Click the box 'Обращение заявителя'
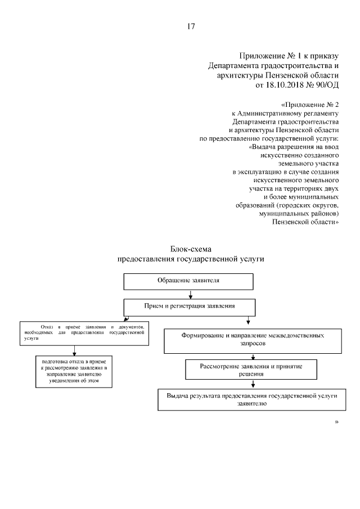pyautogui.click(x=188, y=281)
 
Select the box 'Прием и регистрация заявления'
pyautogui.click(x=189, y=307)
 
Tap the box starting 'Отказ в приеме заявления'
pyautogui.click(x=85, y=332)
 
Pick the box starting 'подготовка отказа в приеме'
pyautogui.click(x=74, y=371)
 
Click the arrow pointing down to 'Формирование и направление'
pyautogui.click(x=248, y=322)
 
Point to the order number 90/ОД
pyautogui.click(x=327, y=84)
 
